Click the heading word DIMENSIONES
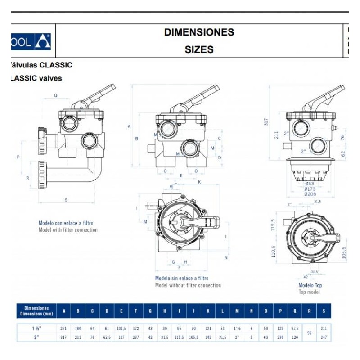(199, 32)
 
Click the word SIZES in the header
(199, 49)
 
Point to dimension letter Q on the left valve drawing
(55, 95)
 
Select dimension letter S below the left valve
(66, 200)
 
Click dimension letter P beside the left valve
(18, 157)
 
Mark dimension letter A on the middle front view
(129, 127)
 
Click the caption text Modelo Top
(310, 285)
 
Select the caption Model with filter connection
(68, 230)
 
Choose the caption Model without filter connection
(188, 285)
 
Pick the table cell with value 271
(64, 328)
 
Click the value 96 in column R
(309, 333)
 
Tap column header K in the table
(208, 310)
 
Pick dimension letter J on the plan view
(224, 235)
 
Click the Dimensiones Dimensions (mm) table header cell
(36, 310)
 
